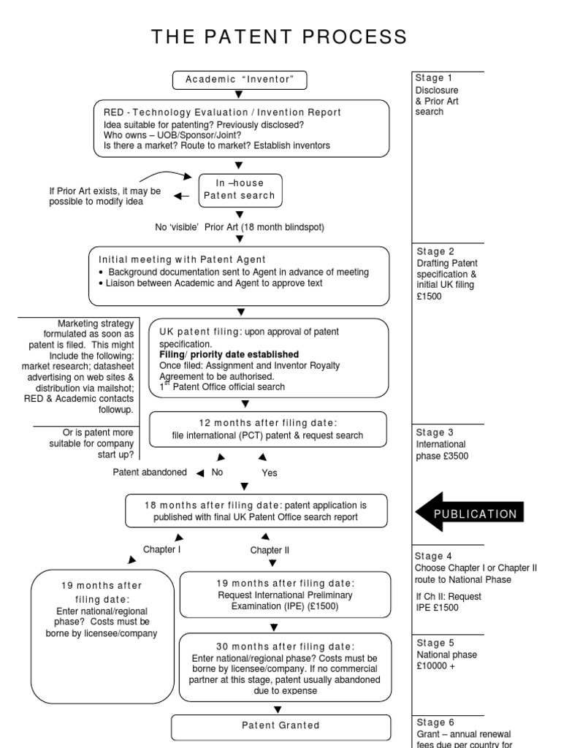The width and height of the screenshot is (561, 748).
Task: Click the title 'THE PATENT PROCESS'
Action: [x=280, y=37]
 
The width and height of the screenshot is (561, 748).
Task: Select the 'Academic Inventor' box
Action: [x=240, y=80]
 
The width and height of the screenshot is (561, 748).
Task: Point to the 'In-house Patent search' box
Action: [x=240, y=190]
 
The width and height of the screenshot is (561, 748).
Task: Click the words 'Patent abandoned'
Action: [x=149, y=472]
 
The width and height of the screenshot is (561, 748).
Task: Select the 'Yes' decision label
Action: [x=270, y=473]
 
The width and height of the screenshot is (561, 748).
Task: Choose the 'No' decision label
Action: [x=217, y=472]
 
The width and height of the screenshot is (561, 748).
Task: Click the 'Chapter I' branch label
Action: [x=161, y=549]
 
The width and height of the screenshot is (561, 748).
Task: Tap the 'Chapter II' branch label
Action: [x=270, y=550]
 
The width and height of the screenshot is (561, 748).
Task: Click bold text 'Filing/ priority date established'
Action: [x=229, y=354]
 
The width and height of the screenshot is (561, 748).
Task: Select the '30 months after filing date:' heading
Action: [x=286, y=646]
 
